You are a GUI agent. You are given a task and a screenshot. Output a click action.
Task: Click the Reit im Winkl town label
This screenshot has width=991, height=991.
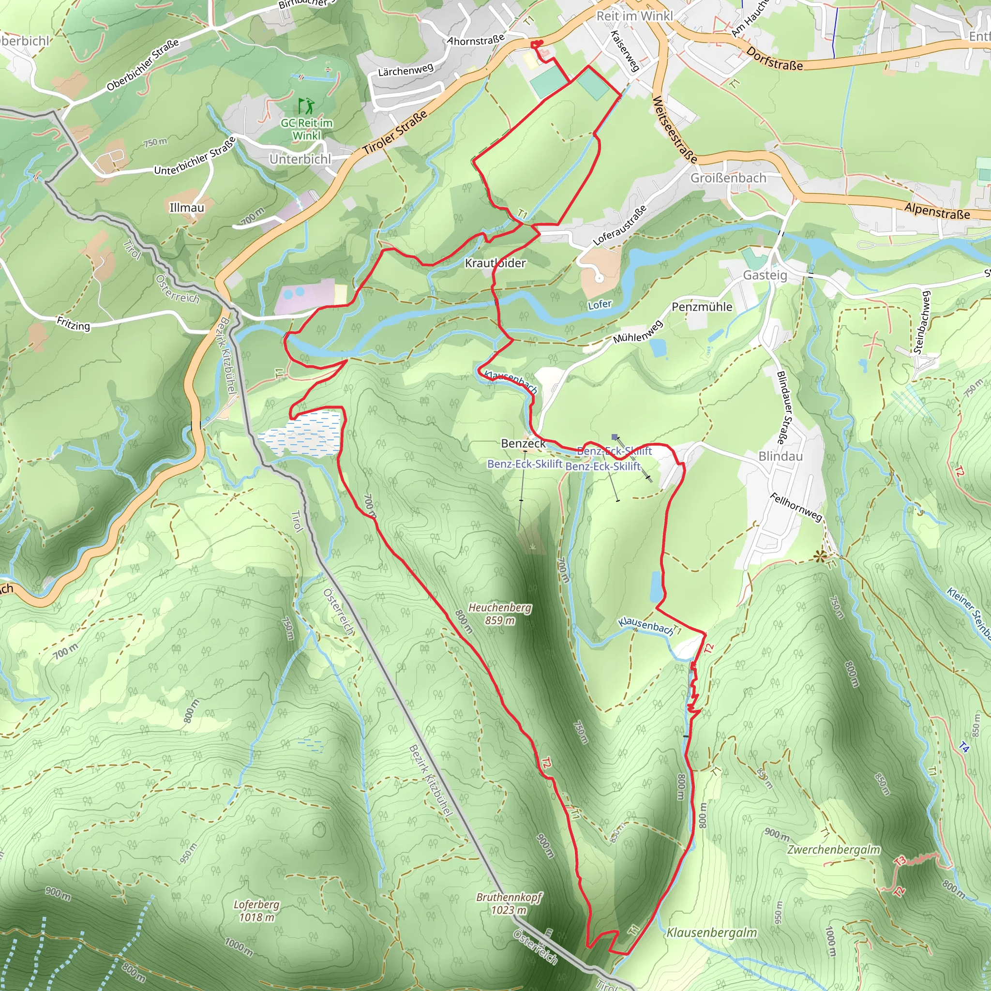point(634,16)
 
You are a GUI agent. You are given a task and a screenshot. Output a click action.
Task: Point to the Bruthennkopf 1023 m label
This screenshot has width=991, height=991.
point(509,903)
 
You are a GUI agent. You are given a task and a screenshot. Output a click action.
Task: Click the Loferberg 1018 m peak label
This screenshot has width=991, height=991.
point(256,911)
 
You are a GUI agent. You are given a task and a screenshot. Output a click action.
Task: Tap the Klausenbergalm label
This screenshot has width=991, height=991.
point(711,932)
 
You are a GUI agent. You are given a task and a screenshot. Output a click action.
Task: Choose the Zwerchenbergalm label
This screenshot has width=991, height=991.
point(834,849)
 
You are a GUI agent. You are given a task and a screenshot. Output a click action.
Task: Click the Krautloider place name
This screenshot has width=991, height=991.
point(495,263)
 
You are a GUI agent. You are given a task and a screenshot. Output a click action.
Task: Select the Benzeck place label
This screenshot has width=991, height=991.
point(523,443)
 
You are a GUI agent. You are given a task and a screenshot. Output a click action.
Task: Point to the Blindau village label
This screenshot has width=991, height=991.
point(780,456)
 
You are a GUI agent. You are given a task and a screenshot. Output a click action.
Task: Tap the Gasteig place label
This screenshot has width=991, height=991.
point(765,275)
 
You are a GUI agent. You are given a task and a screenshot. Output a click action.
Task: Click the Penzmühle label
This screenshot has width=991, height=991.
point(702,307)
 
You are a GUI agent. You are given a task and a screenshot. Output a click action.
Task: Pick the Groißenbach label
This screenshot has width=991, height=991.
point(728,178)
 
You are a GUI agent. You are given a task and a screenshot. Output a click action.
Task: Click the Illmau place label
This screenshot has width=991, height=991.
point(187,208)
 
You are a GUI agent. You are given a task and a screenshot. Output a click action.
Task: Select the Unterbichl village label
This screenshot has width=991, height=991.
point(300,159)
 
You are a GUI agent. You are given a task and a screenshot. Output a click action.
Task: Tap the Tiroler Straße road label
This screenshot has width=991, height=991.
point(395,133)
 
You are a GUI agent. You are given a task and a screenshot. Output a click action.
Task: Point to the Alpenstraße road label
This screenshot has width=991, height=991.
point(937,211)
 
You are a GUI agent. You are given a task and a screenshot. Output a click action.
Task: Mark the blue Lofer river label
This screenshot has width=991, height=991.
point(599,305)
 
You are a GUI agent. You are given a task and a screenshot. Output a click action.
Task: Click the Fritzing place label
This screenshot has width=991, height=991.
point(74,324)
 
